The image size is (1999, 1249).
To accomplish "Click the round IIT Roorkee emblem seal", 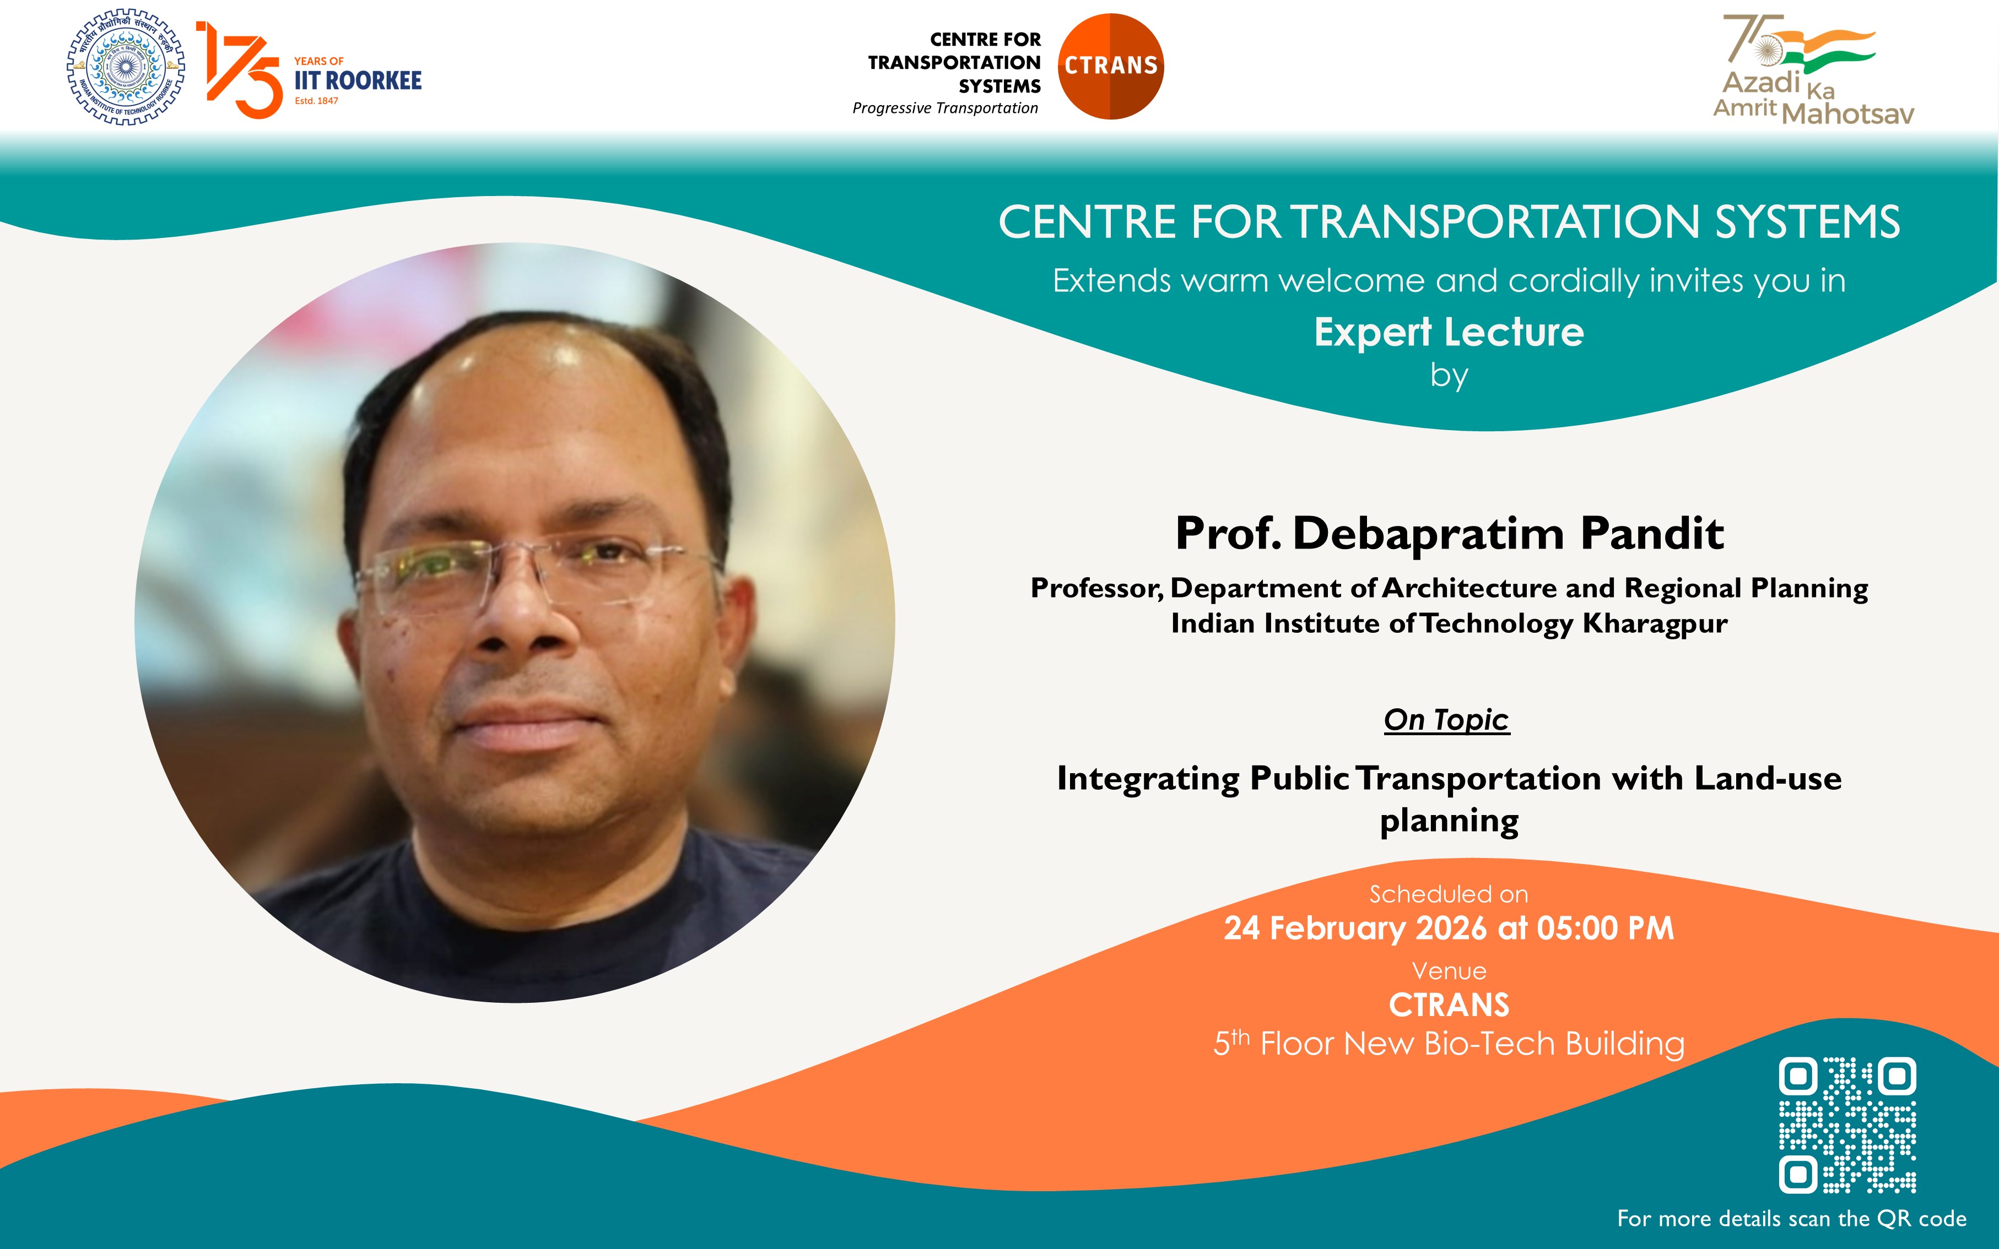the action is click(x=126, y=67).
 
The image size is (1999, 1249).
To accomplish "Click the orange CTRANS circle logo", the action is click(x=1111, y=66).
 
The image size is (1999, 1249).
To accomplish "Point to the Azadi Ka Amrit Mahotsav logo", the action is click(x=1813, y=70).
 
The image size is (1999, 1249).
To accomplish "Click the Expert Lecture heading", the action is click(x=1449, y=332).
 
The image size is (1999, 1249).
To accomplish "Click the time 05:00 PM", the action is click(x=1606, y=928).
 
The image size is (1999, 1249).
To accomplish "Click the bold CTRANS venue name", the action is click(x=1449, y=1006).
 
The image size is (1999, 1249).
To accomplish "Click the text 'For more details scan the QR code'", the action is click(x=1792, y=1218).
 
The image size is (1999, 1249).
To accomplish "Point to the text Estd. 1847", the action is click(x=316, y=101).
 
